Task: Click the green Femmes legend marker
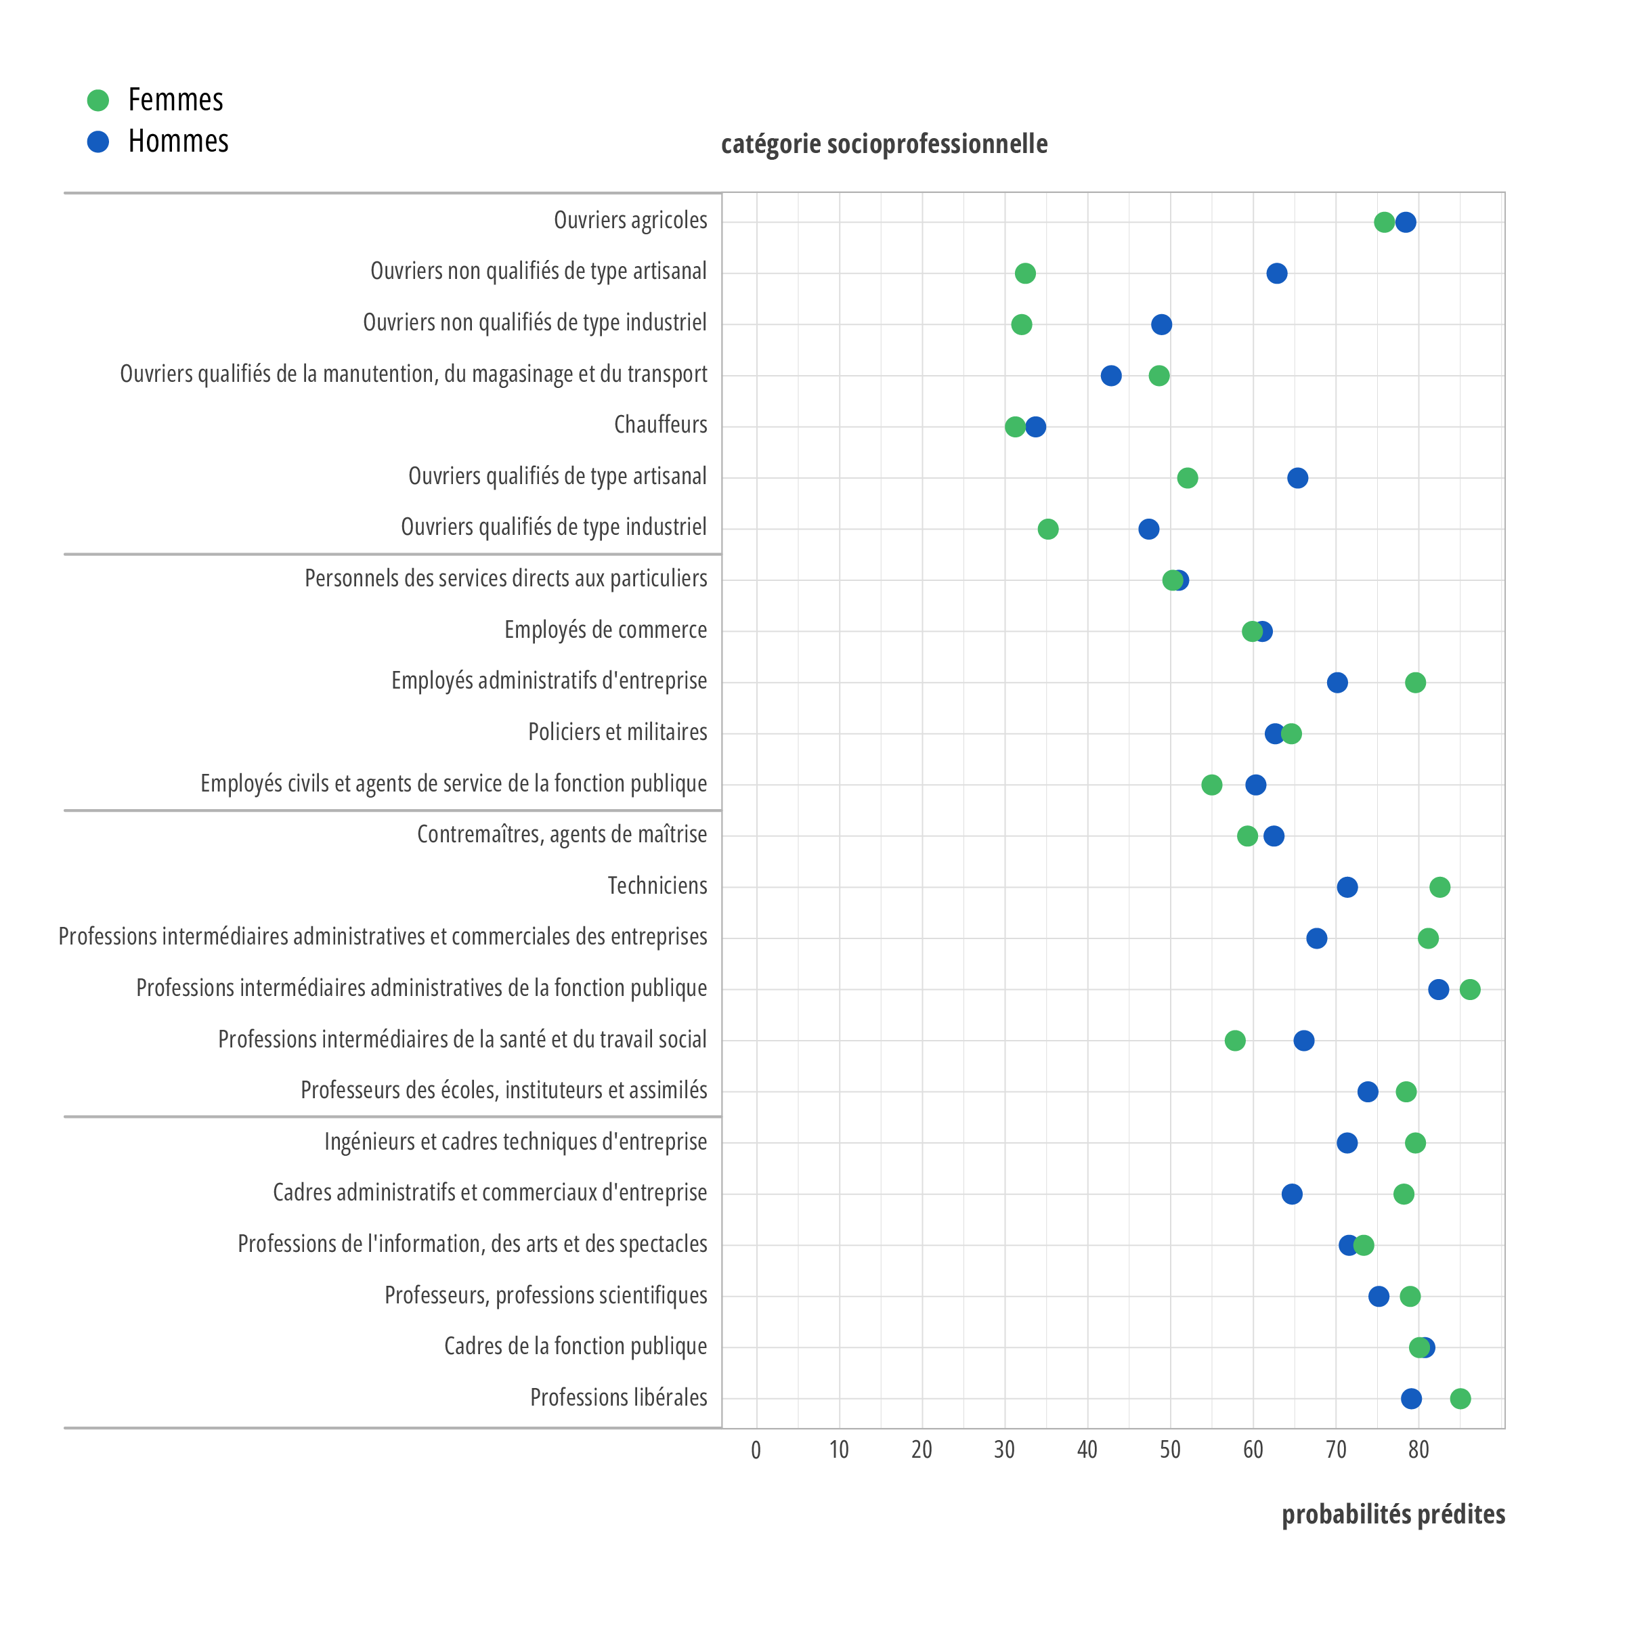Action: click(x=98, y=100)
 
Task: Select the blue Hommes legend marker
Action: click(x=98, y=142)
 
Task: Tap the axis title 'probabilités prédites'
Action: click(x=1393, y=1514)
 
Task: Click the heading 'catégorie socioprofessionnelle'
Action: click(x=884, y=144)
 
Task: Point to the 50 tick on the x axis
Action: click(x=1170, y=1449)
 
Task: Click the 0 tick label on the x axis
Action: click(x=756, y=1449)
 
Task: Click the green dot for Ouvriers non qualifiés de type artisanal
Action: click(x=1024, y=274)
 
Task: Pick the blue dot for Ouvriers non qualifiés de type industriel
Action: click(x=1161, y=325)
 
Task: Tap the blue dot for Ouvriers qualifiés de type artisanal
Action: click(x=1298, y=479)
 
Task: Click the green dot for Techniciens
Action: click(x=1440, y=888)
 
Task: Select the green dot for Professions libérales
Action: click(x=1460, y=1399)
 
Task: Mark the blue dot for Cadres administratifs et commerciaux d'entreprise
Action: click(x=1292, y=1194)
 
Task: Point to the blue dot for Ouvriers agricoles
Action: click(x=1406, y=222)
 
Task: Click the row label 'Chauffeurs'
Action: click(x=660, y=425)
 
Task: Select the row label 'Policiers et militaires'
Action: click(x=617, y=732)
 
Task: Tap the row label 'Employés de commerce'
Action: click(x=605, y=630)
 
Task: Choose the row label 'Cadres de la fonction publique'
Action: click(x=576, y=1346)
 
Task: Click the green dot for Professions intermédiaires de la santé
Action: click(x=1235, y=1041)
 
